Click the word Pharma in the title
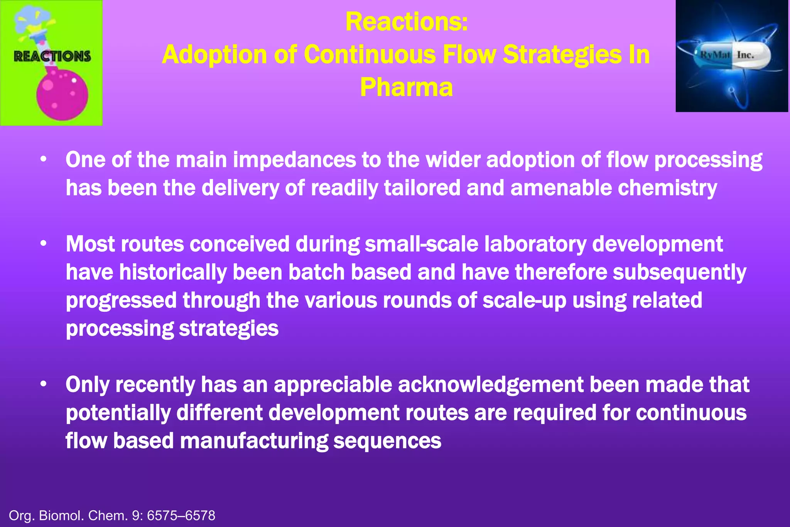tap(406, 87)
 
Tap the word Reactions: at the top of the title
tap(407, 22)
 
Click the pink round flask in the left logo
tap(62, 95)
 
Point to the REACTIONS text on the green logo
tap(52, 56)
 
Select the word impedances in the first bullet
tap(294, 160)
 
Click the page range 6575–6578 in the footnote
tap(181, 515)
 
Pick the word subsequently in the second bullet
tap(679, 272)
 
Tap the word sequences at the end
tap(387, 441)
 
